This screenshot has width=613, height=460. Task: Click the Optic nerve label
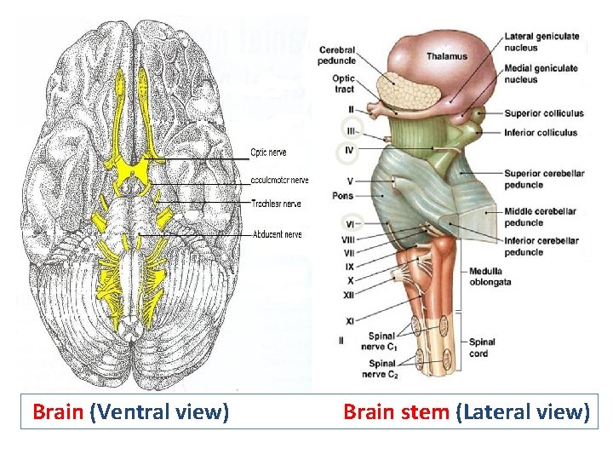coord(268,152)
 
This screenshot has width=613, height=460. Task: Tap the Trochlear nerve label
coord(276,204)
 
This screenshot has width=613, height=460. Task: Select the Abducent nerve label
coord(277,234)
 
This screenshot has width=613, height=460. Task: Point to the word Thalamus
coord(447,56)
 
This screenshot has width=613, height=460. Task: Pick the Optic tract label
coord(345,84)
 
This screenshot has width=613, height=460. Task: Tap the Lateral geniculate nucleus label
coord(542,42)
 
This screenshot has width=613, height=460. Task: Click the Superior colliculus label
coord(543,113)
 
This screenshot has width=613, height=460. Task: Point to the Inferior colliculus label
coord(541,132)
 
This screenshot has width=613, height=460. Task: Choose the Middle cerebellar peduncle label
coord(540,216)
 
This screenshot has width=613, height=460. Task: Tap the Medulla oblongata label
coord(490,277)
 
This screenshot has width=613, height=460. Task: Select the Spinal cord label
coord(483,348)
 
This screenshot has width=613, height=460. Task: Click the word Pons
coord(344,195)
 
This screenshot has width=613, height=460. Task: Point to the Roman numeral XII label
coord(348,295)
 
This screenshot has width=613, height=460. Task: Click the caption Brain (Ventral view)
coord(130,412)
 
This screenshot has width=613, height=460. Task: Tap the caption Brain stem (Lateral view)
coord(466,412)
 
